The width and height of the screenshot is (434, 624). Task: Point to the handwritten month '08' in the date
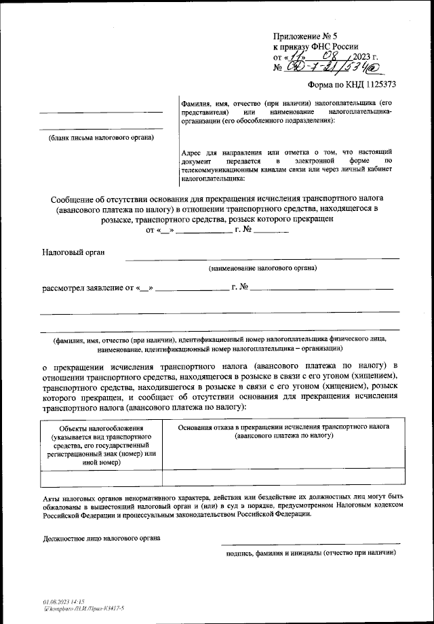click(x=330, y=56)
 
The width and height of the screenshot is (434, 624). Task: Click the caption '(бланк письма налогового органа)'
click(x=100, y=138)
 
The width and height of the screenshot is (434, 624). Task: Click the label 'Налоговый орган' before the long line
click(x=73, y=252)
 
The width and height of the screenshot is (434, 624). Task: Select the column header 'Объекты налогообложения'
click(x=100, y=429)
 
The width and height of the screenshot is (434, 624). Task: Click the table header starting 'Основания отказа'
click(x=284, y=429)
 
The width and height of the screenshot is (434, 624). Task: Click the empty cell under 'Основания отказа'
click(x=283, y=479)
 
